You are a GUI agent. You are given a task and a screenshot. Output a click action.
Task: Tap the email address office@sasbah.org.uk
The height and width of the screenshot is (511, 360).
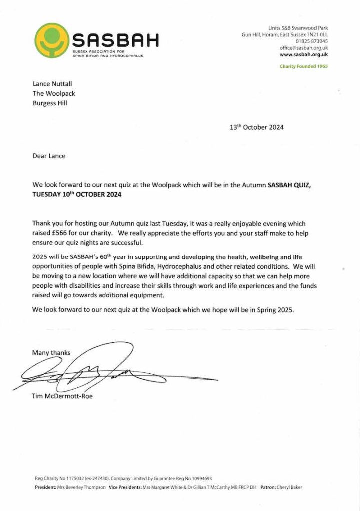click(x=304, y=48)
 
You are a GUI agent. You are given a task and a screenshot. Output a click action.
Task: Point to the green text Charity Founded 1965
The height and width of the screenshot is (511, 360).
click(x=304, y=66)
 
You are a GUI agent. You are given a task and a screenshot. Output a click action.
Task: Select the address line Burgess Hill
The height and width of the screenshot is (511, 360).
click(x=50, y=103)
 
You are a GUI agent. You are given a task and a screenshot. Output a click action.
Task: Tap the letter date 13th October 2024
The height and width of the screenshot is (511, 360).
click(x=256, y=127)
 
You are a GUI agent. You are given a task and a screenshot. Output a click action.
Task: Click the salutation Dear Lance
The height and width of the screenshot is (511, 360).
click(x=49, y=156)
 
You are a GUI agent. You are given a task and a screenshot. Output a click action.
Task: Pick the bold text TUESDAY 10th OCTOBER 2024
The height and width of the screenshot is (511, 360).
click(x=77, y=195)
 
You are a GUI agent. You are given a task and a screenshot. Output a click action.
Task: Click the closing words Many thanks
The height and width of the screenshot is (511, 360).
click(x=51, y=353)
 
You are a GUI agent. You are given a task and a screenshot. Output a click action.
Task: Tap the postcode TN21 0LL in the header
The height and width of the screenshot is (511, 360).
click(x=315, y=35)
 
